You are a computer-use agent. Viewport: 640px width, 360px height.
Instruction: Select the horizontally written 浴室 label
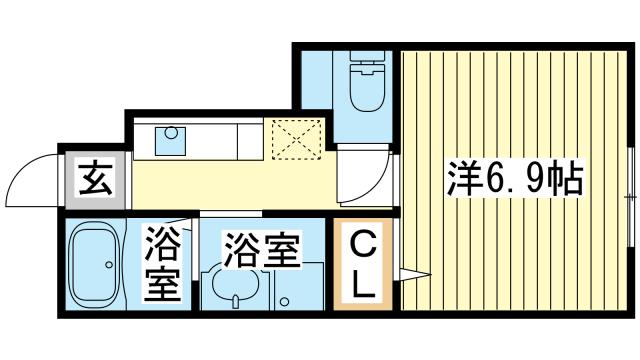click(261, 249)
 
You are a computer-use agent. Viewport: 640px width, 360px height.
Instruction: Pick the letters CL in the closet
click(363, 264)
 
